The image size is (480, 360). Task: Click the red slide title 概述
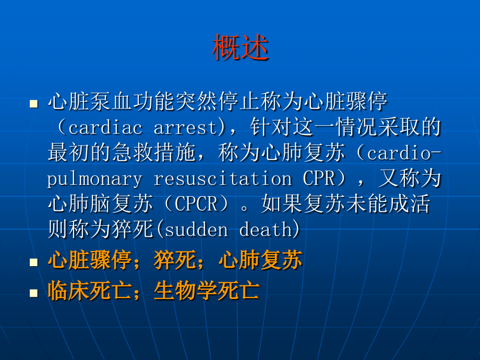coord(240,48)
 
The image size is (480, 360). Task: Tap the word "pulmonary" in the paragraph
coord(94,179)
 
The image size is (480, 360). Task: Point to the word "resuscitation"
coord(222,179)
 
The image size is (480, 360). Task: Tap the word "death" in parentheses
coord(266,230)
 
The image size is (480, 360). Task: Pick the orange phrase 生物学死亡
coord(207,291)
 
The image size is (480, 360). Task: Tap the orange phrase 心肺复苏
coord(260,261)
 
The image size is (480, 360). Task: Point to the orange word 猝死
coord(175,261)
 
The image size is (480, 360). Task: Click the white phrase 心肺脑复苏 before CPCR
coord(100,205)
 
